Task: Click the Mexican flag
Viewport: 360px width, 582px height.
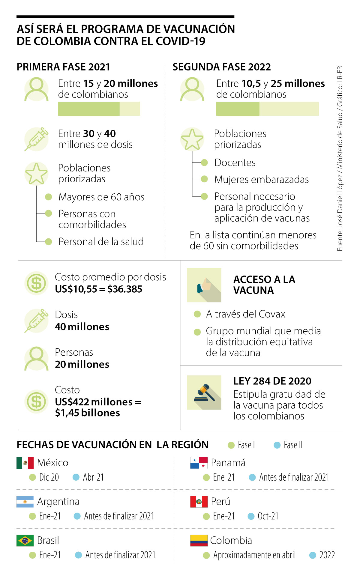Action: coord(25,463)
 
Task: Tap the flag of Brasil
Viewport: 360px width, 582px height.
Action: coord(25,541)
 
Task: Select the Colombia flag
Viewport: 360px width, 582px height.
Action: coord(199,541)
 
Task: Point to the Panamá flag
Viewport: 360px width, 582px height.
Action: coord(199,463)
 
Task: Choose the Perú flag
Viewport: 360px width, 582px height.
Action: coord(199,502)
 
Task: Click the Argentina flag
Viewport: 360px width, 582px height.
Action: coord(25,502)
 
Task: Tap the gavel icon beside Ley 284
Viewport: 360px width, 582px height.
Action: coord(204,392)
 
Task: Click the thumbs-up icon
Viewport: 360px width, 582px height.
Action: coord(204,285)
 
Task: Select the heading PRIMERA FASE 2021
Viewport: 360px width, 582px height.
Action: coord(63,67)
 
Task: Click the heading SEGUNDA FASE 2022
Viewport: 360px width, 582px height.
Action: coord(221,67)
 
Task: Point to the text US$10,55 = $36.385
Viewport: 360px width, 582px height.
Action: coord(98,289)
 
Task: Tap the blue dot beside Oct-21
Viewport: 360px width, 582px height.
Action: coord(251,516)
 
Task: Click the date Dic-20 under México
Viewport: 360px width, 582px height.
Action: coord(49,477)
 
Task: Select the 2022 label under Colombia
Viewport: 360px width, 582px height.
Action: coord(327,555)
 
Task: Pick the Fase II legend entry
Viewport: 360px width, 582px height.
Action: coord(293,445)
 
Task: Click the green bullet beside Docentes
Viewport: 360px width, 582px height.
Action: coord(204,163)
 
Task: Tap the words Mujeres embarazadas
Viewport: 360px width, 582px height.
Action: coord(261,180)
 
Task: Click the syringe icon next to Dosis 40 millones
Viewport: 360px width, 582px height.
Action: coord(36,321)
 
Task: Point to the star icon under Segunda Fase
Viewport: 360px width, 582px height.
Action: coord(192,139)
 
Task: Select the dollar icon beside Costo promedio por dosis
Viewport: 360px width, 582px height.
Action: coord(36,283)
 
